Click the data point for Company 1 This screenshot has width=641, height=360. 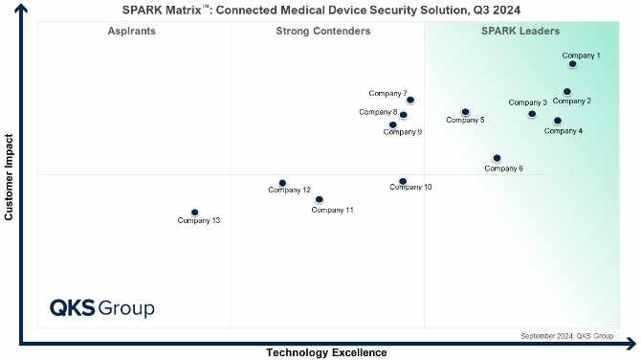click(572, 64)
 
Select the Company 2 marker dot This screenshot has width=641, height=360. click(567, 92)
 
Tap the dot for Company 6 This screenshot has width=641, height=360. click(497, 158)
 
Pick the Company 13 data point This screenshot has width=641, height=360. click(194, 213)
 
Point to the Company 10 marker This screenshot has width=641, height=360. click(403, 181)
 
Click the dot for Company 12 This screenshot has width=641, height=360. click(282, 183)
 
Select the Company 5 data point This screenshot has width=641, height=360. click(465, 112)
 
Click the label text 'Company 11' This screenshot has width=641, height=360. click(332, 210)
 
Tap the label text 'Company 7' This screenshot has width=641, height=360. click(387, 93)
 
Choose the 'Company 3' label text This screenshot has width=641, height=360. click(527, 102)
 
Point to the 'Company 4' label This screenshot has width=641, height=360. click(563, 131)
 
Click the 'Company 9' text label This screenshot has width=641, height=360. click(402, 132)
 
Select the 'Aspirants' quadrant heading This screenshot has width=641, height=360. click(132, 32)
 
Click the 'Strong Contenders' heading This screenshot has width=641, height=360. click(322, 32)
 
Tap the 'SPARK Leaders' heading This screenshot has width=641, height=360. click(519, 32)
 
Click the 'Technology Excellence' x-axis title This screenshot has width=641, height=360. click(326, 352)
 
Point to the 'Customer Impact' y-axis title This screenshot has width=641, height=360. click(9, 176)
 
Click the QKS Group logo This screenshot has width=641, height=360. click(101, 308)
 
